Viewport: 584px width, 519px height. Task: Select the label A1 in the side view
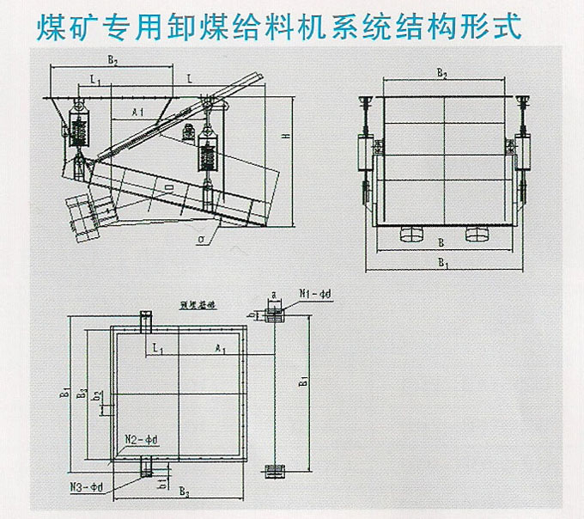(138, 113)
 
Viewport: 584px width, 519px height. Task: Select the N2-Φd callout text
(142, 439)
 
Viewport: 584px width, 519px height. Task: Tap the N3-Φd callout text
(87, 487)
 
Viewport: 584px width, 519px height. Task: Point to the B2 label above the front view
(442, 75)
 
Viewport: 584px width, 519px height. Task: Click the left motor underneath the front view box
(409, 234)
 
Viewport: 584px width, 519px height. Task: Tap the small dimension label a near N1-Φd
(273, 294)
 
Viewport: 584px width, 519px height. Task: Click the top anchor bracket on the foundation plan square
(146, 323)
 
